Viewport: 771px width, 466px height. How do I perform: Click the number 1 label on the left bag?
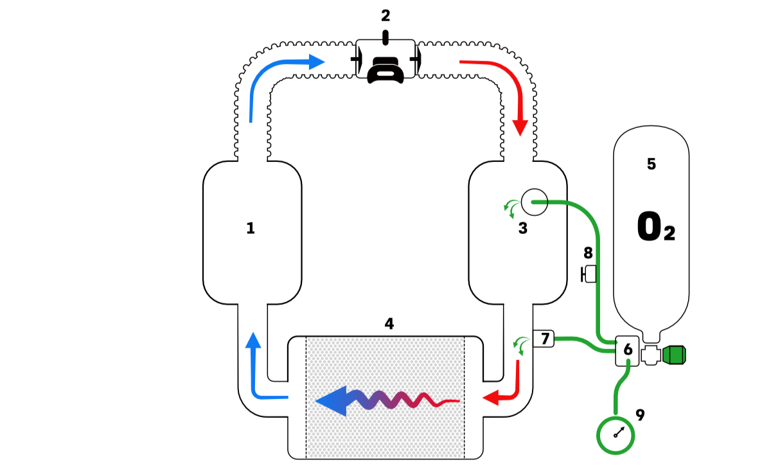pos(251,228)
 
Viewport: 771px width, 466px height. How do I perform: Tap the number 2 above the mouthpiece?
pos(385,16)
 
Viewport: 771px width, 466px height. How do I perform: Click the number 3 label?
pos(523,228)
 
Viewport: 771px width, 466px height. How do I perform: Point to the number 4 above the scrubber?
pos(389,323)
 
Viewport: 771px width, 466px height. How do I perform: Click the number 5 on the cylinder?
pos(651,164)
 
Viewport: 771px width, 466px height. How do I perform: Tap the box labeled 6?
pos(628,350)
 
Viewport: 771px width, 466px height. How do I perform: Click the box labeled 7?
pos(544,338)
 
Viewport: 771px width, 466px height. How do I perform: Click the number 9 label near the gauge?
pos(639,415)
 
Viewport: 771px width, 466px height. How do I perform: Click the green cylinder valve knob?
pos(675,354)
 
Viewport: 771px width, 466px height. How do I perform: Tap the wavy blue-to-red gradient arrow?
pos(385,401)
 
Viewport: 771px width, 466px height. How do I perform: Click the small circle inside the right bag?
pos(533,202)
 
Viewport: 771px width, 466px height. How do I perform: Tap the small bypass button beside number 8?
pos(588,275)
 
